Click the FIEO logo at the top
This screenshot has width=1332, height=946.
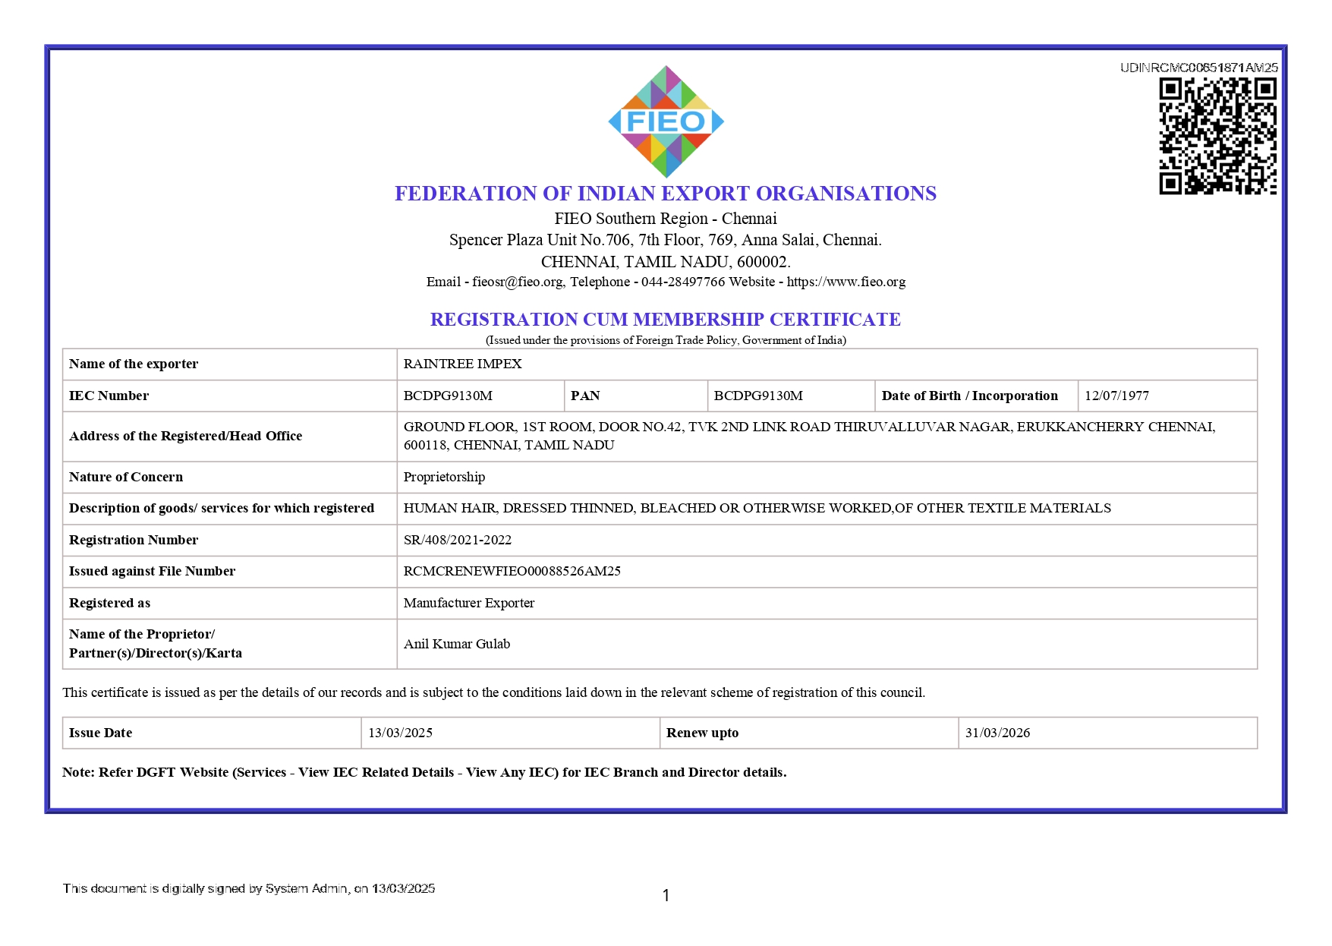[x=666, y=121]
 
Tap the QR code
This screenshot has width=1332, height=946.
[x=1217, y=136]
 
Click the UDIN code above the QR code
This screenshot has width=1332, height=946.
[x=1198, y=68]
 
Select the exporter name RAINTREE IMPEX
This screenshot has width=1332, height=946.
[x=462, y=364]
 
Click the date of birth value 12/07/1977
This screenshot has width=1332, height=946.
[x=1116, y=396]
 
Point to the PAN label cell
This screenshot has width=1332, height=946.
[x=585, y=396]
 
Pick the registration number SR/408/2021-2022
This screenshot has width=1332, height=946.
[x=457, y=540]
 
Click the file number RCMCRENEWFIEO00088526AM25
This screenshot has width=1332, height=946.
[x=512, y=571]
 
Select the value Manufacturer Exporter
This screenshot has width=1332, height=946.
[x=468, y=603]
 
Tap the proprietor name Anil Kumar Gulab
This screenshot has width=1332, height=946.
[x=456, y=644]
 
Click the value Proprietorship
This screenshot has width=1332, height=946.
[x=444, y=477]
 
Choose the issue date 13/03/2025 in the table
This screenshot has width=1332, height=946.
[x=400, y=733]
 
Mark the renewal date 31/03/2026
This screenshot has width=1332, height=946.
[x=997, y=733]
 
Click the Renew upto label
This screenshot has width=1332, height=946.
[x=702, y=733]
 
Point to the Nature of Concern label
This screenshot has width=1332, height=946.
[x=126, y=477]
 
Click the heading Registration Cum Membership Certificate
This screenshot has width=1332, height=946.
[x=665, y=320]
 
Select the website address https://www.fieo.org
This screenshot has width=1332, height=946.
[x=845, y=282]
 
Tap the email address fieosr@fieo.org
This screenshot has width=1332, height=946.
[x=518, y=282]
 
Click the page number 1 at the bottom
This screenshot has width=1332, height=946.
[x=666, y=896]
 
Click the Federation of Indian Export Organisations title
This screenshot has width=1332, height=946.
[x=665, y=194]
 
